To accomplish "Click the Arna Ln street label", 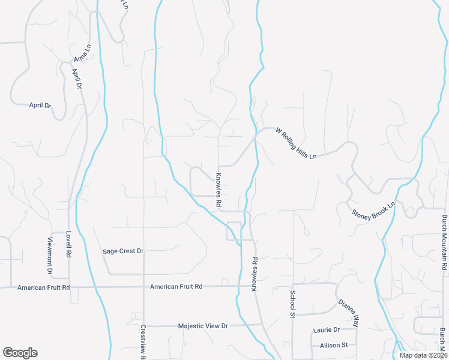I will (x=82, y=53).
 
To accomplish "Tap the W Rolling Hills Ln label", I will (x=295, y=143).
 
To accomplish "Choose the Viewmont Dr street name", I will (x=50, y=256).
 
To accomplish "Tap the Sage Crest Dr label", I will (x=124, y=251).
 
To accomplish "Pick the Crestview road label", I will (x=143, y=342).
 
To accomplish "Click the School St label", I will (x=293, y=304).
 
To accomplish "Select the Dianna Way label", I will (x=348, y=313).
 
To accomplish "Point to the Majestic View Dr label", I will (x=203, y=326).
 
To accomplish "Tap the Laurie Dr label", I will (x=327, y=330).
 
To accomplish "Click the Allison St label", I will (x=334, y=345).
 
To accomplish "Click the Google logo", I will (x=20, y=352).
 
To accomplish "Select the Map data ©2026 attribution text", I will (x=423, y=355).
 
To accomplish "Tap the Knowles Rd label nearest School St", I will (x=255, y=275).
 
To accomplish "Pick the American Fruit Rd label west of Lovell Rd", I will (x=44, y=287).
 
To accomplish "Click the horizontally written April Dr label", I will (x=41, y=105).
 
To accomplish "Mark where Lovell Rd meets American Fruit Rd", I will (x=69, y=287).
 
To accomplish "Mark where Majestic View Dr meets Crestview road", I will (x=144, y=326).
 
